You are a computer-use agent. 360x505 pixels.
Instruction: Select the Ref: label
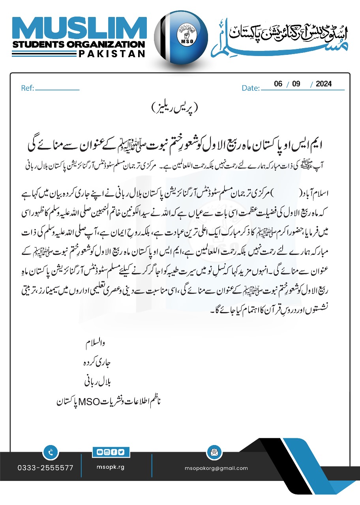coord(28,88)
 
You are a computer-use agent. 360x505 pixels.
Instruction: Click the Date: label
coord(251,88)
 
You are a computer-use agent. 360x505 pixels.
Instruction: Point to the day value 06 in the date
coord(279,84)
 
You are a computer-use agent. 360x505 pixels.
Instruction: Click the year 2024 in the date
coord(324,84)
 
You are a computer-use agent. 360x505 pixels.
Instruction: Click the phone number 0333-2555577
coord(45,468)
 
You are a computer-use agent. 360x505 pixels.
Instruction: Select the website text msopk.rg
coord(111,467)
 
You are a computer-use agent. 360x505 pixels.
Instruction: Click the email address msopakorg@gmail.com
coord(216,468)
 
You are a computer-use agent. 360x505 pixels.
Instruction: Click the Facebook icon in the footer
coord(114,452)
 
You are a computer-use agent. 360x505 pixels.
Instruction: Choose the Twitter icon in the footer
coord(120,452)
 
